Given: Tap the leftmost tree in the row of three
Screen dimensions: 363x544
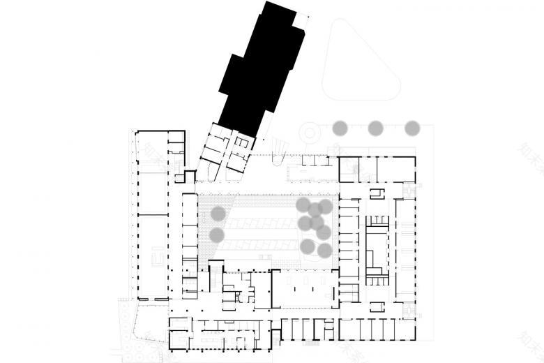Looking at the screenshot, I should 340,128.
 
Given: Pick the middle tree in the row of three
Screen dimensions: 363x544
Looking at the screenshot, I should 376,128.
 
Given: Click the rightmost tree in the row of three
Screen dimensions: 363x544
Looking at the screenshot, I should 412,128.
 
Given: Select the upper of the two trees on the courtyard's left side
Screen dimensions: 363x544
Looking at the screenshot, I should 218,213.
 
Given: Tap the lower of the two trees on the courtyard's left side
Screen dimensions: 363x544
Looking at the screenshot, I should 218,235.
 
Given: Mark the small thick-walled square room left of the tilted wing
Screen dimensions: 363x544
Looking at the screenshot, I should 188,176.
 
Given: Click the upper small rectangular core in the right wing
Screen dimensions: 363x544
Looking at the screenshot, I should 377,193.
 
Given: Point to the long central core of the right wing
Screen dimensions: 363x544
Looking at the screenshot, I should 375,248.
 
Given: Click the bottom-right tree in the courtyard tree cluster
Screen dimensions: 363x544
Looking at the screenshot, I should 324,250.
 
